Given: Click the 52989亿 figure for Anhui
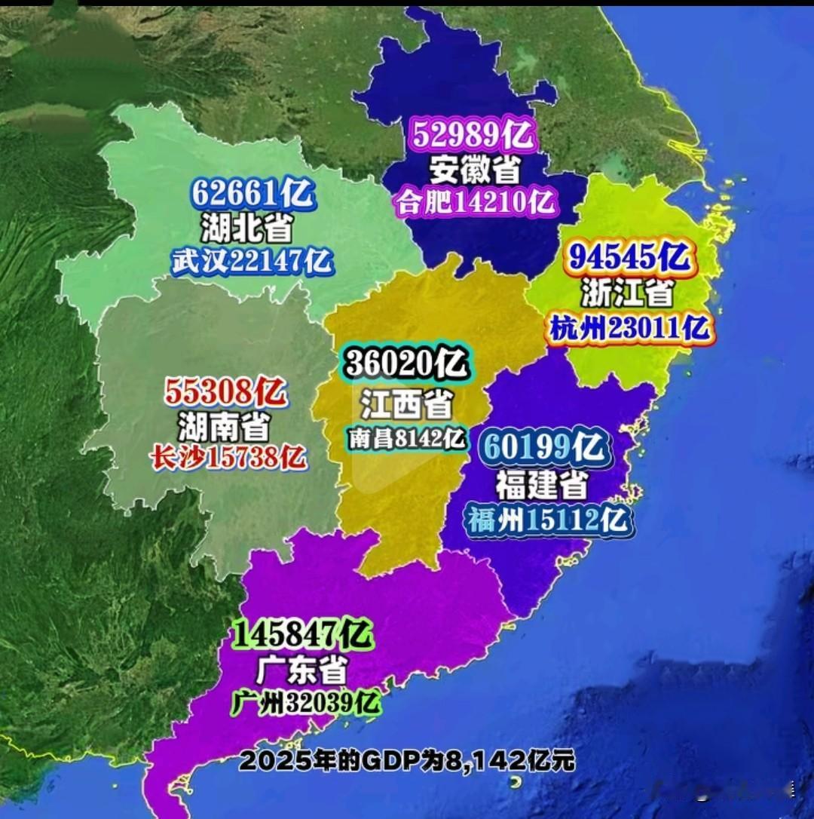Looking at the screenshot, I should coord(473,136).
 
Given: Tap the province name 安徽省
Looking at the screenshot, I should coord(475,170).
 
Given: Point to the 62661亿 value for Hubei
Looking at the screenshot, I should coord(252,194).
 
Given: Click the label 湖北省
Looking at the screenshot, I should coord(246,227).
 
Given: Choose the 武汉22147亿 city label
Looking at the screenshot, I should coord(252,261).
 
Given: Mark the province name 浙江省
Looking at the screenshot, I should coord(627,293).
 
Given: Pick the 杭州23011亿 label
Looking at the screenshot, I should coord(629,328).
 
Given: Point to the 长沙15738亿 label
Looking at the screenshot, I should coord(228,457).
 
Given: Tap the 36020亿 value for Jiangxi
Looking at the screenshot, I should coord(407,365).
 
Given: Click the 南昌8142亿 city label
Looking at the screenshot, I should coord(407,438).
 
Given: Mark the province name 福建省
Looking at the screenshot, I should coord(541,485).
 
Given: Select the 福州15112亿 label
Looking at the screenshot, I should coord(548,520).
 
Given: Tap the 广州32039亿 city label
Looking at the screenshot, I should coord(306,704).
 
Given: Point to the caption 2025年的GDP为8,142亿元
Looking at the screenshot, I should coord(407,760).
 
